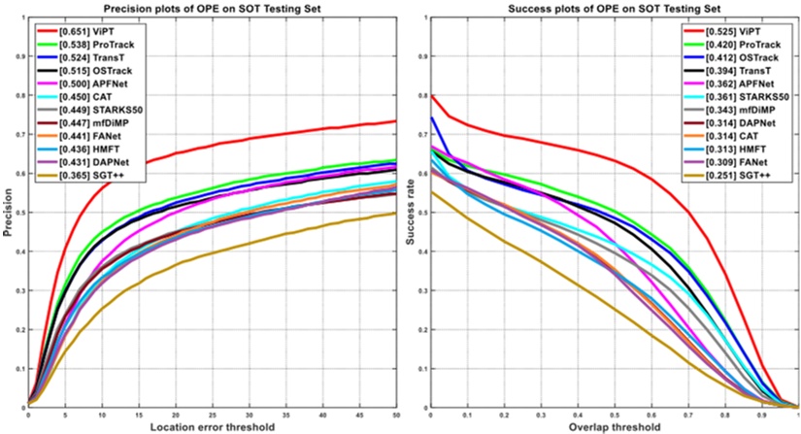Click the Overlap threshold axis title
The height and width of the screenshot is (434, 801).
click(615, 426)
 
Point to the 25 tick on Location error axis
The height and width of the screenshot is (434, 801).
click(213, 415)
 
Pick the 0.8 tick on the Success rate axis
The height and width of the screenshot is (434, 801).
click(421, 96)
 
